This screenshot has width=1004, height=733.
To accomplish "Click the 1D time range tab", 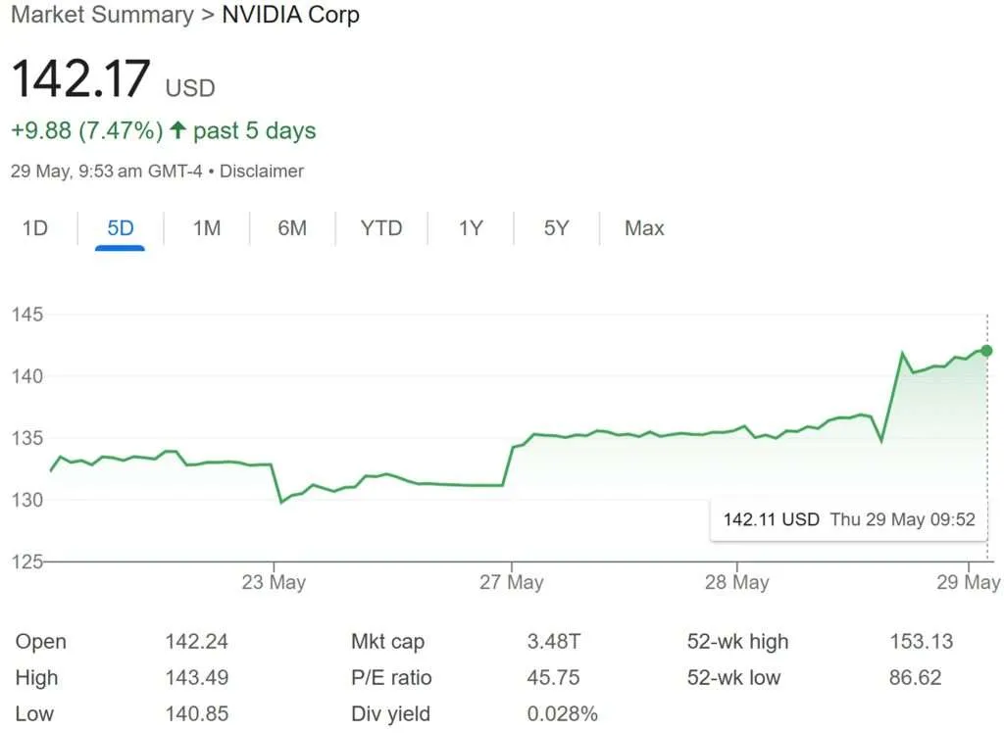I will [x=35, y=228].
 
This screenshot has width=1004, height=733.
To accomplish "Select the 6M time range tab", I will [x=292, y=228].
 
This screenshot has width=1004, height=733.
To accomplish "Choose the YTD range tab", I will [x=380, y=228].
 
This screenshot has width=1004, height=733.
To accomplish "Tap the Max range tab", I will [x=644, y=228].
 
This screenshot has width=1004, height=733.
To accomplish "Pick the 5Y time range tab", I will [x=556, y=228].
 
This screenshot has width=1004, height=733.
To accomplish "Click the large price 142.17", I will [x=81, y=79].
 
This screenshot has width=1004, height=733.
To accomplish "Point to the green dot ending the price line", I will [x=986, y=351].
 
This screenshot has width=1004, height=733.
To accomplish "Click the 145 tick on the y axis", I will [x=28, y=315].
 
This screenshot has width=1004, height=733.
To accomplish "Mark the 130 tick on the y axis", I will [x=28, y=500].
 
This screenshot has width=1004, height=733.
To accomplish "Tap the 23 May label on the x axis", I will [x=274, y=582].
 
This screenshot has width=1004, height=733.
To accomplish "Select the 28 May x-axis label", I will [x=736, y=582].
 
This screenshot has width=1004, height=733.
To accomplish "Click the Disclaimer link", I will [x=262, y=171].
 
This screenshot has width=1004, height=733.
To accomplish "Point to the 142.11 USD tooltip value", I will [x=771, y=519].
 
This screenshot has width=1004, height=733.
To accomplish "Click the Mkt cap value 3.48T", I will [x=554, y=642].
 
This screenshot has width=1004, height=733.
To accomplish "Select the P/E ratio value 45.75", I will [x=554, y=677].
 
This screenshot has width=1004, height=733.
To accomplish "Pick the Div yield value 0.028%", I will [x=562, y=713].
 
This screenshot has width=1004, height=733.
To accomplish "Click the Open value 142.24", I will [x=197, y=642].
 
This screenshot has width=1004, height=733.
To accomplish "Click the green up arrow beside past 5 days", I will [x=177, y=130].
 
